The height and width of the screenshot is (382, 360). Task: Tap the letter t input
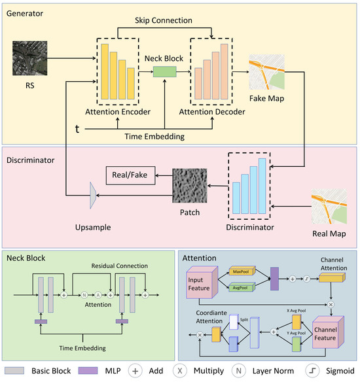tap(77, 130)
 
